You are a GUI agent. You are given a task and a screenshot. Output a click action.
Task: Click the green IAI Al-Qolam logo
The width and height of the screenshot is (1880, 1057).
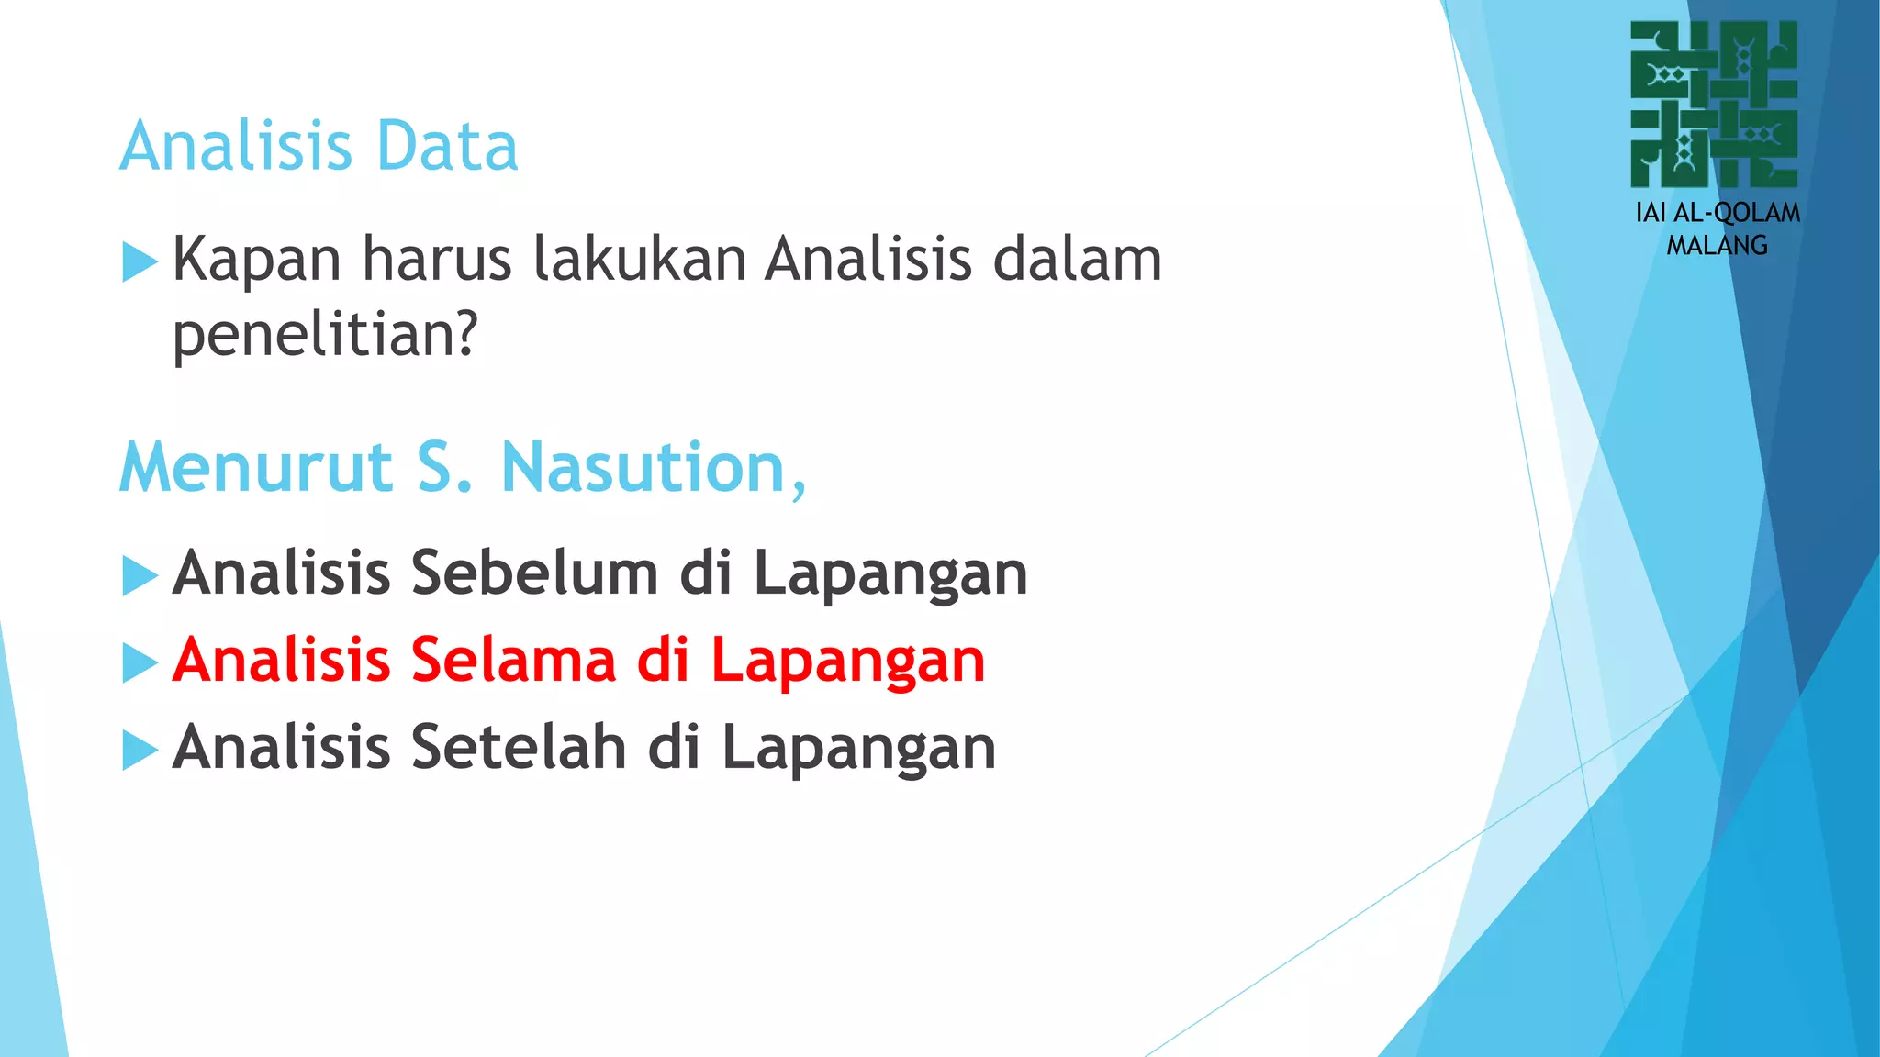point(1714,105)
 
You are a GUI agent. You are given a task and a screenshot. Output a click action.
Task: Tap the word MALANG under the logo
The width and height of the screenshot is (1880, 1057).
point(1717,246)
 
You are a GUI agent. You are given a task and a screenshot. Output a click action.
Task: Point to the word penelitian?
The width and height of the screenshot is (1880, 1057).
point(326,335)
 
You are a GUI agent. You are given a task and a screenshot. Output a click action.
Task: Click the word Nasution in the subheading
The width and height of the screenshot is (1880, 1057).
point(654,468)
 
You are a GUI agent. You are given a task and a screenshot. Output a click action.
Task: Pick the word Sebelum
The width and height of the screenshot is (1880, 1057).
point(534,573)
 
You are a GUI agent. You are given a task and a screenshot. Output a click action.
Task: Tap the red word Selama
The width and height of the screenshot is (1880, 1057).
point(513,661)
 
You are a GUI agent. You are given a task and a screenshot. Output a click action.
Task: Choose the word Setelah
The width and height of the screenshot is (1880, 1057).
point(519,747)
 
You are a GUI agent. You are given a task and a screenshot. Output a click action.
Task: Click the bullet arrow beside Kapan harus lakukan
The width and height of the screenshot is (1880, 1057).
point(140,261)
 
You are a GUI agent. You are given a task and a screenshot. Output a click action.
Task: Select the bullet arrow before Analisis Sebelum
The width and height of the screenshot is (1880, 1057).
point(140,576)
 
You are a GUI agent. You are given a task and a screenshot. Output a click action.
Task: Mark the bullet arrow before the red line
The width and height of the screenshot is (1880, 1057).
point(140,662)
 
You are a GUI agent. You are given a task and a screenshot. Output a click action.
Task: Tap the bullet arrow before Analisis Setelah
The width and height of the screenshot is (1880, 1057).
point(140,750)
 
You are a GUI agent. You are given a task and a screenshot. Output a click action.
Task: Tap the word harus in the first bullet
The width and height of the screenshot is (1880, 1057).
point(436,259)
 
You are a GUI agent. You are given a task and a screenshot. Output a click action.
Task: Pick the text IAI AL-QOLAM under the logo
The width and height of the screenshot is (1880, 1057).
point(1718,213)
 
